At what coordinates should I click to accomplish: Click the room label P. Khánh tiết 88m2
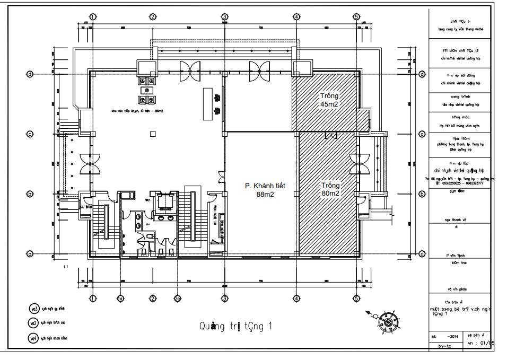tap(265, 190)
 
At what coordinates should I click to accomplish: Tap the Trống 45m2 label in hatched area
tap(329, 100)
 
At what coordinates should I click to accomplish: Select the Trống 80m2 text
tap(330, 189)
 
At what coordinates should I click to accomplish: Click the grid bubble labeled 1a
tap(121, 298)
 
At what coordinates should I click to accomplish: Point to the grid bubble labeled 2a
tap(177, 298)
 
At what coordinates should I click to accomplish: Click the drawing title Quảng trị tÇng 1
tap(235, 326)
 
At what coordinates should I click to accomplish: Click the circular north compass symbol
tap(389, 321)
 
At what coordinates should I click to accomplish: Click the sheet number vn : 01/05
tap(480, 343)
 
